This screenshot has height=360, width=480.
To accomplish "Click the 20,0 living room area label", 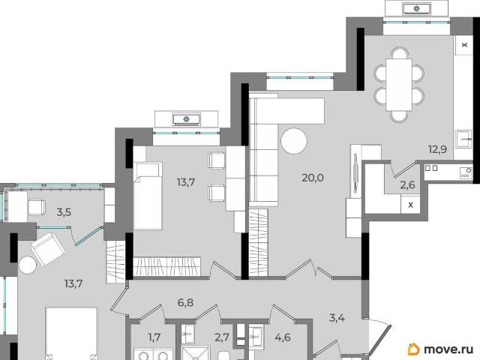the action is (313, 178).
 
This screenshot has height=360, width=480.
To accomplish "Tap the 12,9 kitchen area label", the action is (437, 150).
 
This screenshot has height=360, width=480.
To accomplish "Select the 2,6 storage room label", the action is (408, 185).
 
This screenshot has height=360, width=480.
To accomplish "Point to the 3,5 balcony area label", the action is (64, 211).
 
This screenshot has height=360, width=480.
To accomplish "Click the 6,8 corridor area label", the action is (185, 302).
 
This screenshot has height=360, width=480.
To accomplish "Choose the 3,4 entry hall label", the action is (337, 318).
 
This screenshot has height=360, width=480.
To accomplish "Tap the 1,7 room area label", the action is (154, 337).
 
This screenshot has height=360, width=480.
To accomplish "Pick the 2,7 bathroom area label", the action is (222, 337).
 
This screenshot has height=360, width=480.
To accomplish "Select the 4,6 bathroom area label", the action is (283, 337).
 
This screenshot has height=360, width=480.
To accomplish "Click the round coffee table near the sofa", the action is (294, 141).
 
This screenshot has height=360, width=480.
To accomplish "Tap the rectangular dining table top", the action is (399, 85).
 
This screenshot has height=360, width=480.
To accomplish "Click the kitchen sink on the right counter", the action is (463, 139).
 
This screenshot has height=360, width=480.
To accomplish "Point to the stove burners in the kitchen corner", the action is (466, 173).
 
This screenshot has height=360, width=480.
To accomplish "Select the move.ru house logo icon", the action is (414, 349).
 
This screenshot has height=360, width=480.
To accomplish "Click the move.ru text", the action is (448, 349).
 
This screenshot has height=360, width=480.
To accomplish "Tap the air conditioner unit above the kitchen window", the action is (417, 8).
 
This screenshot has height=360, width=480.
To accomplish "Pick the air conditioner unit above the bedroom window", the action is (186, 119).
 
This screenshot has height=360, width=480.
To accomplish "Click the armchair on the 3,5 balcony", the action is (37, 207).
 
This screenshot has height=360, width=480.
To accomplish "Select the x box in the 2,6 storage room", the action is (411, 205).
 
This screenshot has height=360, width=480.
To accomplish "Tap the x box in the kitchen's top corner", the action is (464, 45).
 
